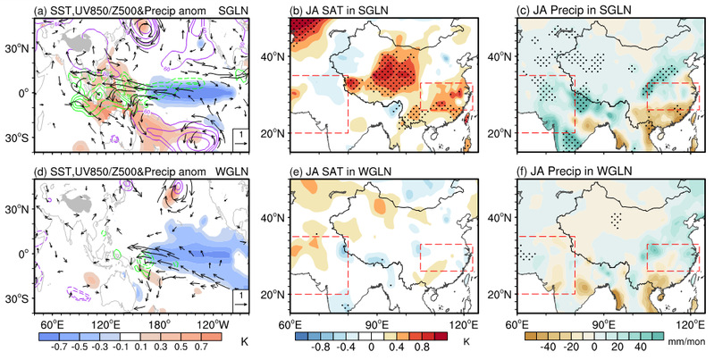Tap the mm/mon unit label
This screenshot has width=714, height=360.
tap(691, 342)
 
